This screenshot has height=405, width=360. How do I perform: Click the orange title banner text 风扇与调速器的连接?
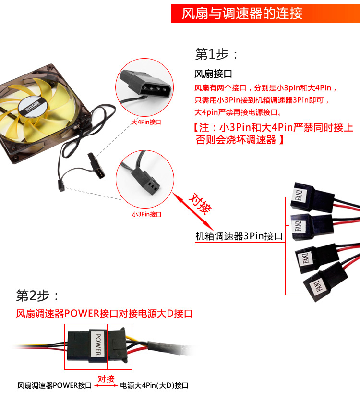(242, 13)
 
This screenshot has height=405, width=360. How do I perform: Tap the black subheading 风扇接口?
(213, 74)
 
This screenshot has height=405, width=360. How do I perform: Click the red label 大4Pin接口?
(146, 122)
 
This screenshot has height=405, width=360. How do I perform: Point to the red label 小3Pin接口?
(146, 214)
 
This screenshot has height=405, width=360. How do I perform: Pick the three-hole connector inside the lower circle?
(145, 181)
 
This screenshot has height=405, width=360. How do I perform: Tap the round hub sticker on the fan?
(33, 109)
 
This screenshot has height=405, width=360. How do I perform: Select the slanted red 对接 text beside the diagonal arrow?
(200, 204)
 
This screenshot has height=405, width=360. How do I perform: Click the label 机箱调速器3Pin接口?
(239, 236)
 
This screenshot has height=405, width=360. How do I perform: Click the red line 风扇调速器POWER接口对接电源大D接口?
(104, 314)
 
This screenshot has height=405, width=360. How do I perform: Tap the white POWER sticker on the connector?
(98, 344)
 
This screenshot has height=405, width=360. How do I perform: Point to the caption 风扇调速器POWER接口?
(54, 386)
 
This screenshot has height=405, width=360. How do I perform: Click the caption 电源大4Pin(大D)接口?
(154, 386)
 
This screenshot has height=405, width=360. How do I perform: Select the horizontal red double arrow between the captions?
(106, 386)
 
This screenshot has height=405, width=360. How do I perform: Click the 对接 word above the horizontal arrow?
(106, 379)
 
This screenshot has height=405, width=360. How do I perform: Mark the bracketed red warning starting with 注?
(273, 134)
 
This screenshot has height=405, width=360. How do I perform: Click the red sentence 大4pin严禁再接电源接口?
(238, 112)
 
